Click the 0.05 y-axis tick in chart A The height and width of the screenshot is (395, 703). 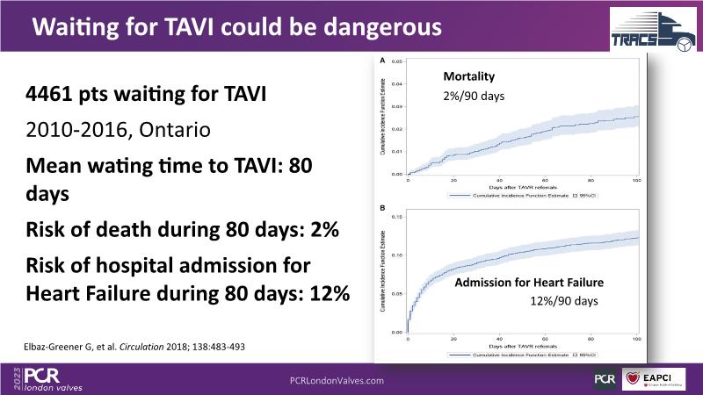coord(396,63)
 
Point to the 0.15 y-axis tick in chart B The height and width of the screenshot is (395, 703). coord(396,216)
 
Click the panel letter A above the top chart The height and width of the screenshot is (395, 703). coord(382,61)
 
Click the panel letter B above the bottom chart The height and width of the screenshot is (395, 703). coord(382,209)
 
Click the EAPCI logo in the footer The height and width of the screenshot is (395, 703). coord(660,377)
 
